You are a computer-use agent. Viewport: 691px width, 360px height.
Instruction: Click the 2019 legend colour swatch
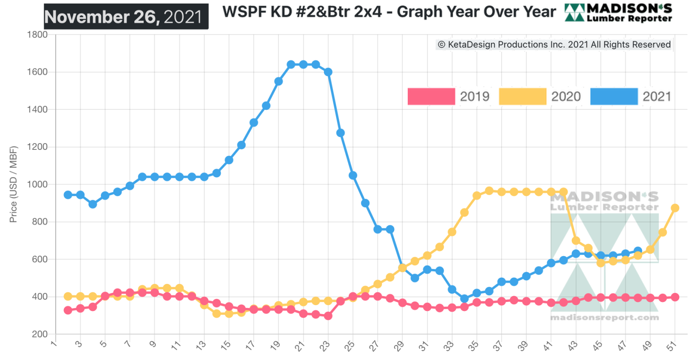(431, 96)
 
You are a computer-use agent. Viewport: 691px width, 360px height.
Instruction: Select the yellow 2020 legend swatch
(522, 96)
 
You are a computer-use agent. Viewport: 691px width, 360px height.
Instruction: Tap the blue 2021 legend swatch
(614, 96)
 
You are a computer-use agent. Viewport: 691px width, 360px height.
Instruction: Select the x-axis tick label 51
(673, 346)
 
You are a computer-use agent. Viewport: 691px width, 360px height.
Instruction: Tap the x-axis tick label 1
(54, 345)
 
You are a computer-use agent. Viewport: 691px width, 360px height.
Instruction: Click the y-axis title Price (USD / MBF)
(13, 184)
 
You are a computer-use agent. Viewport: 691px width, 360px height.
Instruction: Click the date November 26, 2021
(126, 17)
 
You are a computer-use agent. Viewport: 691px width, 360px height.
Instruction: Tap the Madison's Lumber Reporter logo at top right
(618, 13)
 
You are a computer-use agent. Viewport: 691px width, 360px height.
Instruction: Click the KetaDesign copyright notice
(554, 45)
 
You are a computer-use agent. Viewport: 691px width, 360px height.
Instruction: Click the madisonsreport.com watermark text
(604, 318)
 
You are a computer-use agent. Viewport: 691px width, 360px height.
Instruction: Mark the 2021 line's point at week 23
(328, 72)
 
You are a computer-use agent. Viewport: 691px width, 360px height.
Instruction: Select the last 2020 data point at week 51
(675, 208)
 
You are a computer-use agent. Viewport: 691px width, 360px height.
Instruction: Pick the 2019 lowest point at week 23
(328, 316)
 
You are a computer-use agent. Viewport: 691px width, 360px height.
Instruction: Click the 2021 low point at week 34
(464, 298)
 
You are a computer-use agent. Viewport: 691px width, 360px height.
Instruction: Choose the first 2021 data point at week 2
(68, 195)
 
